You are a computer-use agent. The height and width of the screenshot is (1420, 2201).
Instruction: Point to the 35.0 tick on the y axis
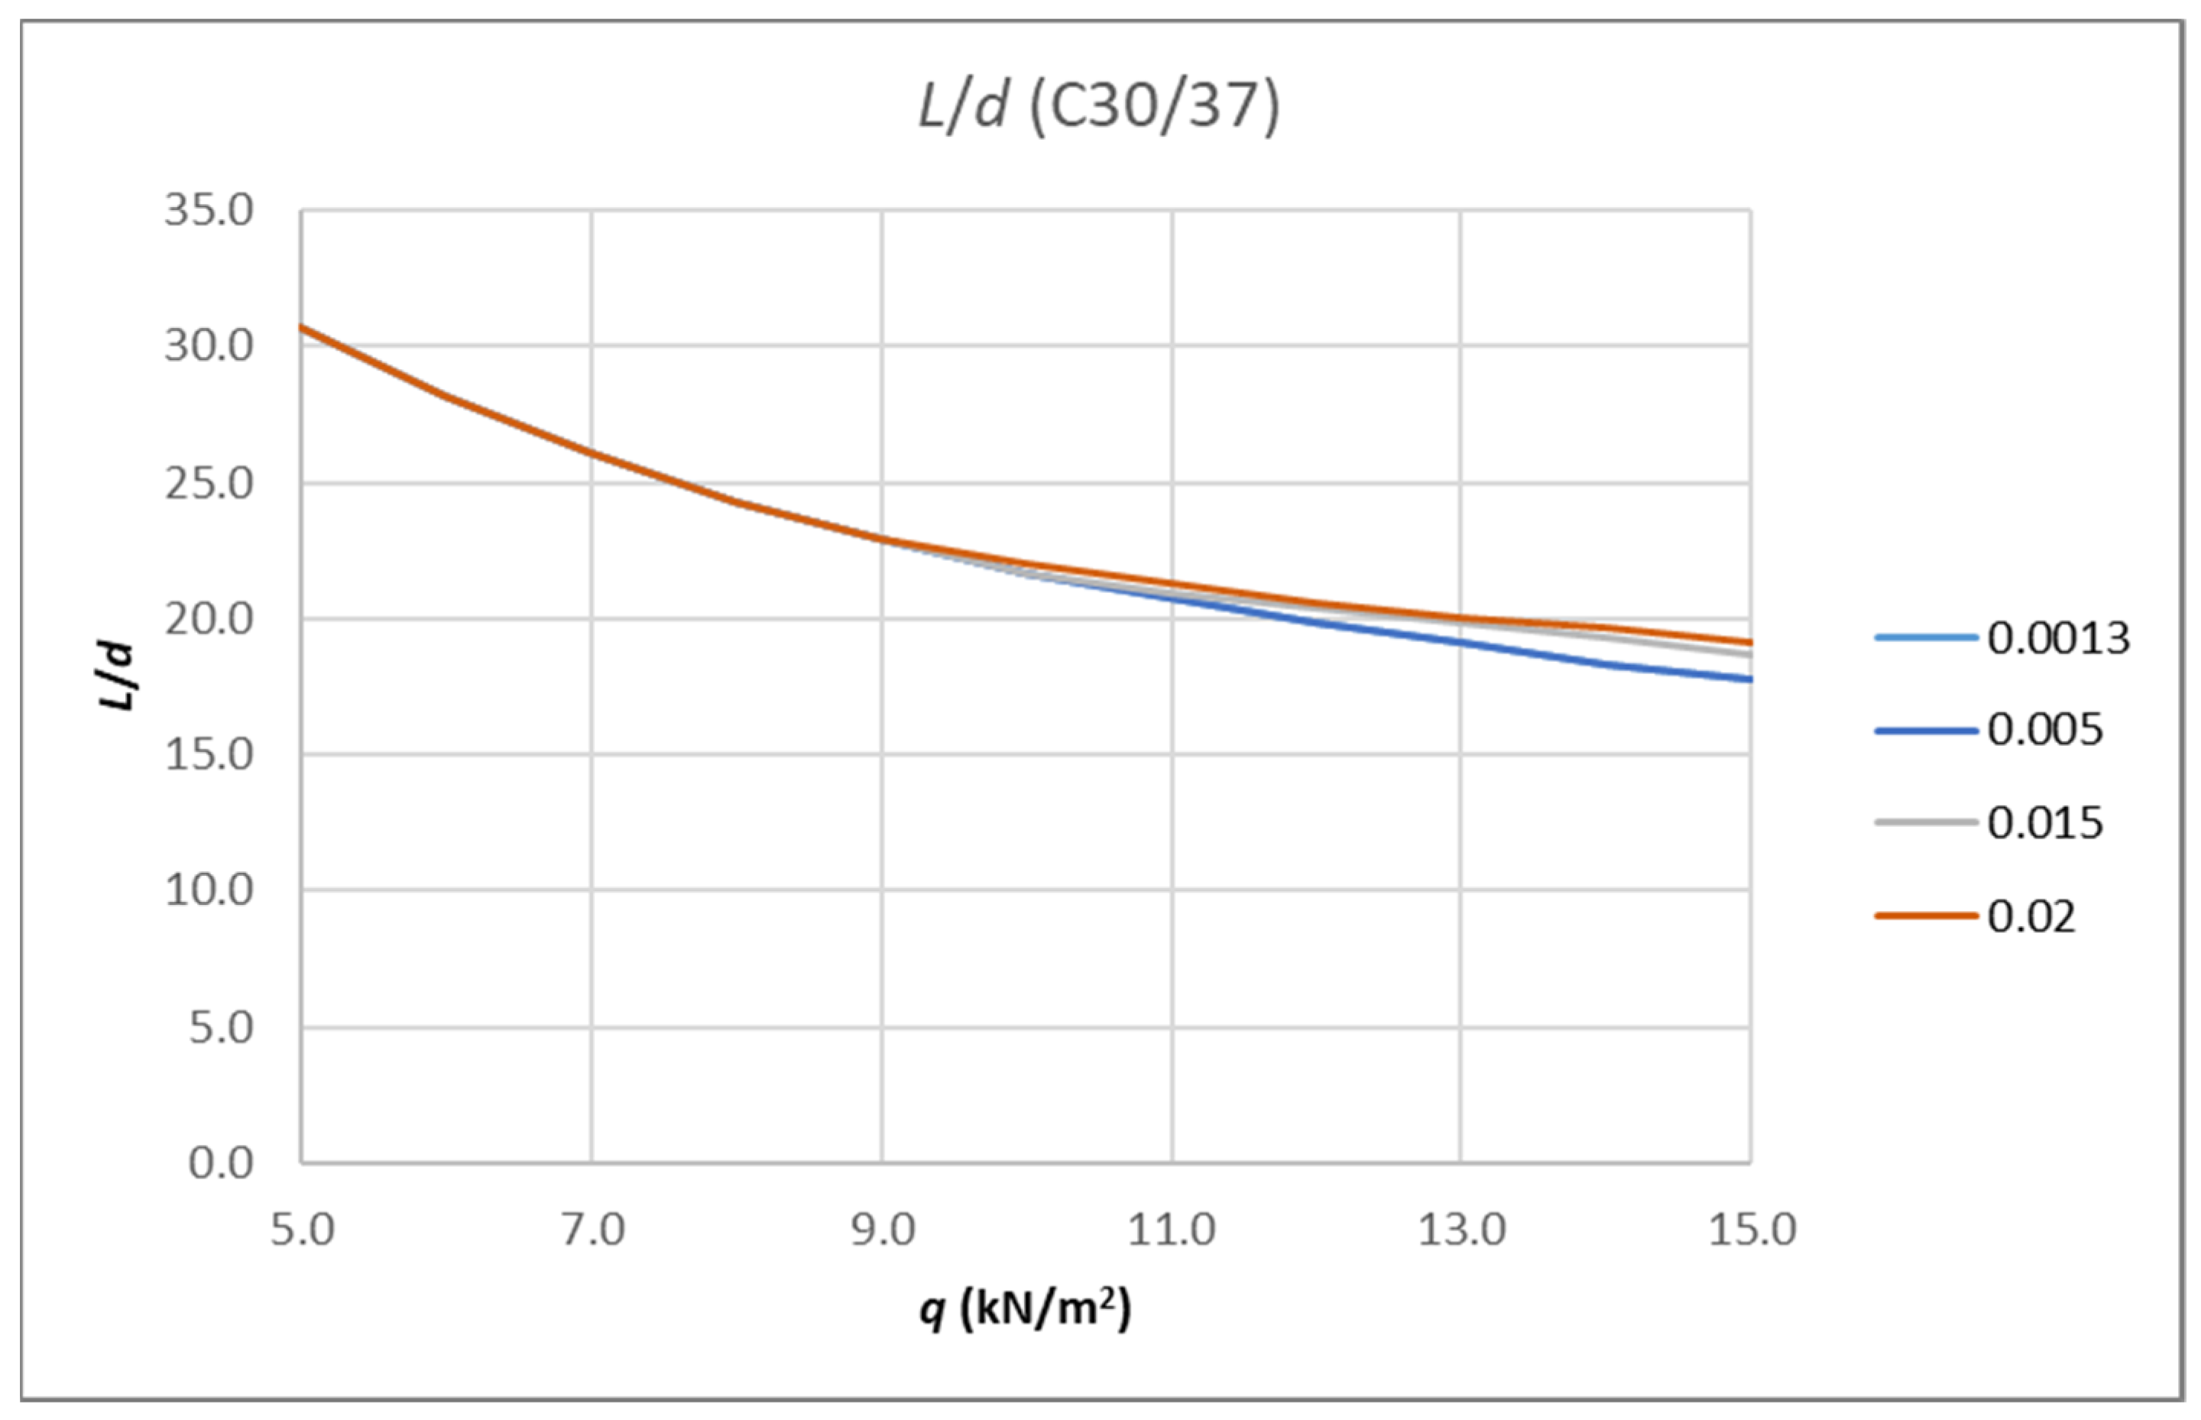coord(209,210)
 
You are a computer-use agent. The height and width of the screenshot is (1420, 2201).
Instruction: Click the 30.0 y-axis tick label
coord(209,347)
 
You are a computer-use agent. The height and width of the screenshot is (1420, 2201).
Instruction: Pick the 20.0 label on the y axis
coord(209,619)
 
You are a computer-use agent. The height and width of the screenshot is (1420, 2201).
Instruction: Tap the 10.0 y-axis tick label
coord(209,890)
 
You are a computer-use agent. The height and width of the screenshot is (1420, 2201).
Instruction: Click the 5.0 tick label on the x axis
coord(303,1230)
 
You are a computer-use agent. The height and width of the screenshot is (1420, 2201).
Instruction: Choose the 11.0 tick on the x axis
coord(1172,1230)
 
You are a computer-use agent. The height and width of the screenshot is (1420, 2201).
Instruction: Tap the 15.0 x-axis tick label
coord(1752,1230)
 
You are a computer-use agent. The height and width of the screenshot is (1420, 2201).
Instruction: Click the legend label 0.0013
coord(2058,638)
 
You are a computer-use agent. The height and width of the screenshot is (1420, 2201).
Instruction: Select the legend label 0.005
coord(2045,731)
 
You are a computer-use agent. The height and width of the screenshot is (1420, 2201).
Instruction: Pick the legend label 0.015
coord(2045,822)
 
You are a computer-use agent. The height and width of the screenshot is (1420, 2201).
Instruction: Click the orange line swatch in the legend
coord(1925,916)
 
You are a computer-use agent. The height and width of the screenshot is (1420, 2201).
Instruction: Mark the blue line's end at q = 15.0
coord(1749,679)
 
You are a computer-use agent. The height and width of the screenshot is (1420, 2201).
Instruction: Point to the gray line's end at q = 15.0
coord(1749,653)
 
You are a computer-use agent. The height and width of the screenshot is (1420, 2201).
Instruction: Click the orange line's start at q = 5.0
coord(303,327)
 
